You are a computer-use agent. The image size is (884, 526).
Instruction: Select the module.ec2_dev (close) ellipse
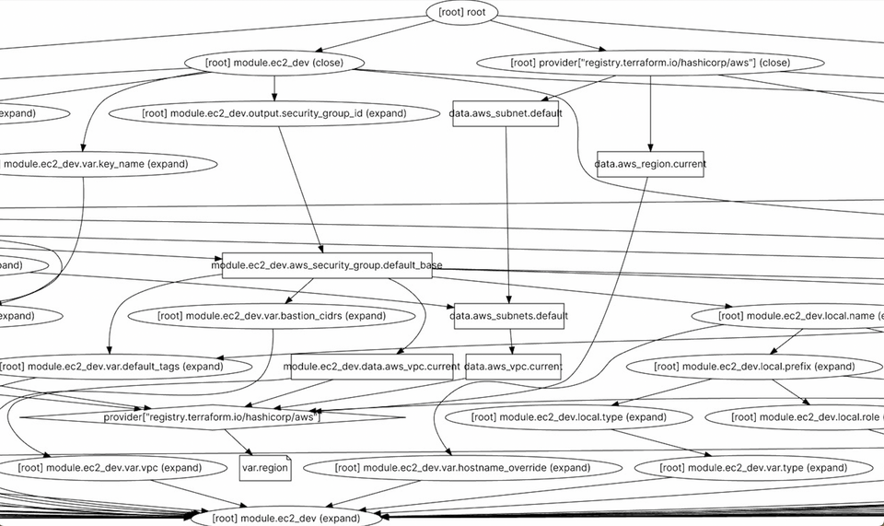(x=274, y=63)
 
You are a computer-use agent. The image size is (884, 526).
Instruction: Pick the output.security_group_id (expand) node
(x=273, y=113)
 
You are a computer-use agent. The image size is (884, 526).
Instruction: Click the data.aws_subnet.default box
(x=505, y=113)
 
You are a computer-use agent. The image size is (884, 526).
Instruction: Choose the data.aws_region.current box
(x=650, y=164)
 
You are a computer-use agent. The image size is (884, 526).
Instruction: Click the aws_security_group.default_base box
(x=327, y=265)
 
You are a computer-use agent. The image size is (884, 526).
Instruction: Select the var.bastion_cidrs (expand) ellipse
(x=272, y=316)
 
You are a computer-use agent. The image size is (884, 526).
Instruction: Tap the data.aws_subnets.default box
(x=509, y=316)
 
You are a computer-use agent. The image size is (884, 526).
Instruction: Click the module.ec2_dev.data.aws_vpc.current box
(x=371, y=367)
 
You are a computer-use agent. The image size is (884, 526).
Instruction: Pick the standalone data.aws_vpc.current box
(x=513, y=367)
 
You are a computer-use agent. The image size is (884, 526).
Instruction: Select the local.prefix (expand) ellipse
(x=754, y=367)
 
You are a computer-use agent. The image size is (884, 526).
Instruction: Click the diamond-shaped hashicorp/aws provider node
(x=211, y=417)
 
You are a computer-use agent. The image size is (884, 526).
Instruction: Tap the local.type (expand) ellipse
(x=568, y=417)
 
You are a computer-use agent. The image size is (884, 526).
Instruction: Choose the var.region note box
(x=265, y=468)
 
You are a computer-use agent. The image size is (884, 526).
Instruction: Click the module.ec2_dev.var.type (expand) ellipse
(x=753, y=468)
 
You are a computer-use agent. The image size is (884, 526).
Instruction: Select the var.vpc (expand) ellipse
(x=111, y=468)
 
